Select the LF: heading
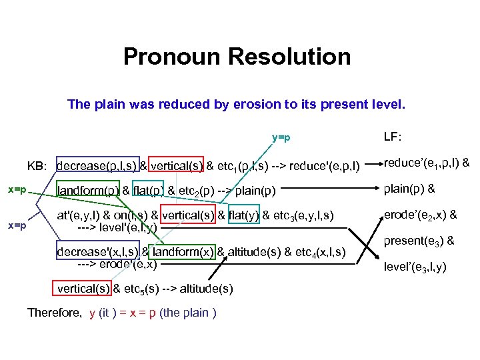click(x=393, y=137)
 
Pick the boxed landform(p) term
click(x=88, y=191)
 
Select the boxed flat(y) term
click(x=244, y=215)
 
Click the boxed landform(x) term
click(x=183, y=253)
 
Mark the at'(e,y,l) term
click(x=79, y=215)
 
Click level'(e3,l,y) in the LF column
click(x=415, y=268)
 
